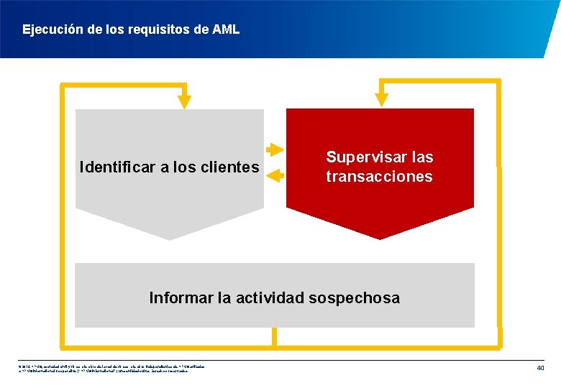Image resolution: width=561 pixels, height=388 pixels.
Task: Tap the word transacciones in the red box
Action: (x=379, y=177)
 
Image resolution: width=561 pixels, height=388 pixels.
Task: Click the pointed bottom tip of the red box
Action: (x=380, y=237)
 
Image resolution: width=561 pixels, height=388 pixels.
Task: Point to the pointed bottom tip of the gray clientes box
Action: (x=169, y=238)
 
